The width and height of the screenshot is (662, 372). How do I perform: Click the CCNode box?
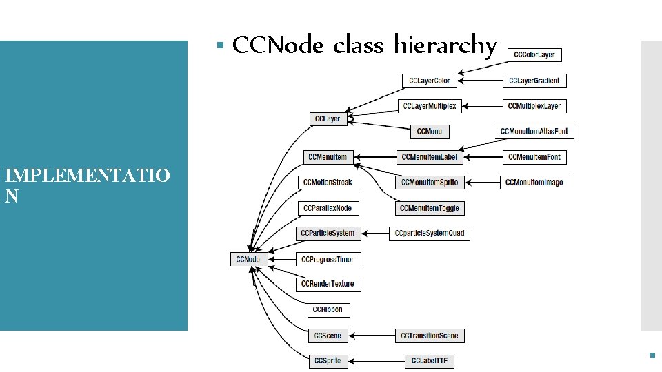[x=249, y=259]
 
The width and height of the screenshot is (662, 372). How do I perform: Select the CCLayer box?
[x=328, y=119]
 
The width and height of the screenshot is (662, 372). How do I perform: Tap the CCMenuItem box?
[x=328, y=158]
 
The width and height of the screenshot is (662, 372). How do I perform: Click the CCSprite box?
[x=328, y=360]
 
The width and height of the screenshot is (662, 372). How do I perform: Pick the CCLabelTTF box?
[x=430, y=360]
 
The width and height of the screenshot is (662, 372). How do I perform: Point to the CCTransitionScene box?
[x=429, y=335]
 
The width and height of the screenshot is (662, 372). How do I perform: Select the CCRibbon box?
[x=328, y=310]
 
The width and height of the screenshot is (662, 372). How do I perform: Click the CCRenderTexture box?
[x=328, y=284]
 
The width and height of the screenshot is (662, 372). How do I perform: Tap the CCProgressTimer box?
[x=328, y=259]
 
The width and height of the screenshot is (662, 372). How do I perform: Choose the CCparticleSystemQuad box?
[x=430, y=233]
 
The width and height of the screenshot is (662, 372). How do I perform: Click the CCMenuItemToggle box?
[x=429, y=208]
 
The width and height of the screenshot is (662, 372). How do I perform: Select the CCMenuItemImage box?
[x=534, y=183]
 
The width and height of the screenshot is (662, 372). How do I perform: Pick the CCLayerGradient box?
[x=534, y=81]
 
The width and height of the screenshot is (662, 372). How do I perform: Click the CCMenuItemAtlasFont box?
[x=534, y=131]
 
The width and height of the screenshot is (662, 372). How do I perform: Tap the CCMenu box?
[x=430, y=131]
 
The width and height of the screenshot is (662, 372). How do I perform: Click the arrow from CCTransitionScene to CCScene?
[x=372, y=335]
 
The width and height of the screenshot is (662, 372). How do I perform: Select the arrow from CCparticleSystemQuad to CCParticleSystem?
[x=374, y=233]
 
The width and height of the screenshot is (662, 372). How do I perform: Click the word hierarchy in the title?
[x=445, y=46]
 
